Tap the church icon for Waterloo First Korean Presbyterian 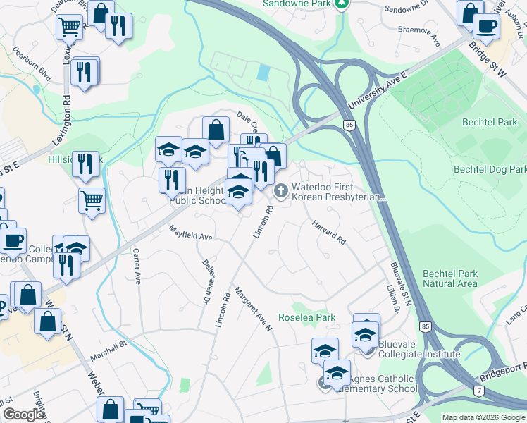point(281,190)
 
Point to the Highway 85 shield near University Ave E point(349,125)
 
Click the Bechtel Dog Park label point(490,170)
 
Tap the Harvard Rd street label point(329,232)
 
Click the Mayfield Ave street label point(190,233)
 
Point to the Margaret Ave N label point(253,308)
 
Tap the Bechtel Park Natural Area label point(450,279)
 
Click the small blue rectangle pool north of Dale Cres point(263,72)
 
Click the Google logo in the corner point(23,415)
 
